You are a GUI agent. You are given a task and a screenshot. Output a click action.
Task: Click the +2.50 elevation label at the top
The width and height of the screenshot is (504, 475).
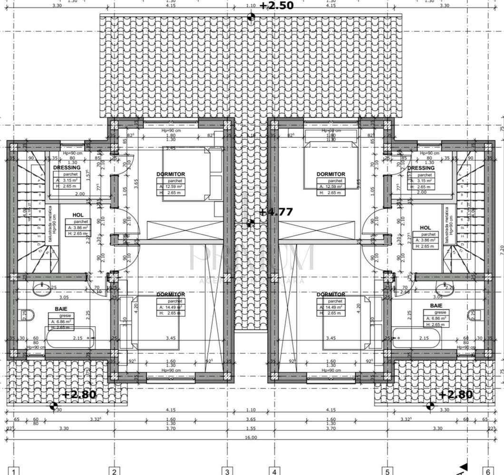coord(276,6)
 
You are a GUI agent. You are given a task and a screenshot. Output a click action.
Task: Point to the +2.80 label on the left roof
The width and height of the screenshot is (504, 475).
coord(79,394)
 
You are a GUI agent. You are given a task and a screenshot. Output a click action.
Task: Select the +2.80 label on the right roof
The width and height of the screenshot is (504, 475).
coord(456,394)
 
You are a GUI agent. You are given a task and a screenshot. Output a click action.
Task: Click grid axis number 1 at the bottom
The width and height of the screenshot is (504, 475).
coord(15,471)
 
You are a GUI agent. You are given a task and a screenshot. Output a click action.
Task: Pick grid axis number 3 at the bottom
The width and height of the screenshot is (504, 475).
coord(228,471)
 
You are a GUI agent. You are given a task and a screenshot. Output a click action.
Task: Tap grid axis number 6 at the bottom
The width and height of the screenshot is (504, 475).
coord(488,471)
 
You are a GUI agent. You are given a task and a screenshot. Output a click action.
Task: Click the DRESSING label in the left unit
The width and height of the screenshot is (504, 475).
coord(67,168)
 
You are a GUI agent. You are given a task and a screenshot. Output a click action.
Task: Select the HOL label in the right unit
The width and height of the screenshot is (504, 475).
coord(426,228)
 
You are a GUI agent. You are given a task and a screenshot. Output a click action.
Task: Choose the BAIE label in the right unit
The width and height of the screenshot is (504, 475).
coord(436,306)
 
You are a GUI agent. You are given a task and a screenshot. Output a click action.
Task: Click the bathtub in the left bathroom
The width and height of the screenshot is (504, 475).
coord(70,338)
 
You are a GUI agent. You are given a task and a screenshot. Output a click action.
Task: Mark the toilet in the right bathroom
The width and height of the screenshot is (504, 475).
coord(474,314)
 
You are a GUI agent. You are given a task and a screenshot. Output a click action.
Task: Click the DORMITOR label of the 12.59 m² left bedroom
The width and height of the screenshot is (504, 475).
coord(171,174)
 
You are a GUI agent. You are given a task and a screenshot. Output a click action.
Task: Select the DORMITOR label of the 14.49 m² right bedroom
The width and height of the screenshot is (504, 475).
coord(330,295)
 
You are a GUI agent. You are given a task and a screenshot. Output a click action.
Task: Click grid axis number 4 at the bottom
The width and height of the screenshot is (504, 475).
coord(274,471)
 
